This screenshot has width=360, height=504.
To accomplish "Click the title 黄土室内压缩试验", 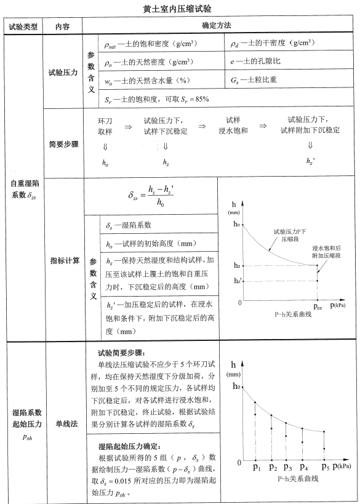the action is click(x=179, y=9).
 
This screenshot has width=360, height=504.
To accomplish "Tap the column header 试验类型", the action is click(x=23, y=26).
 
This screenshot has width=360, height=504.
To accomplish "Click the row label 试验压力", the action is click(x=63, y=72).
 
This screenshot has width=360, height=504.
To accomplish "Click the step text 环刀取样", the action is click(x=105, y=126).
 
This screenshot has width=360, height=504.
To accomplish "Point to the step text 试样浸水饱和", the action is click(x=233, y=126).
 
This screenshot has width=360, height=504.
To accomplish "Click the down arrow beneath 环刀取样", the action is click(x=105, y=146).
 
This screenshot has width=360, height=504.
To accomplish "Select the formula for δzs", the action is click(x=151, y=197).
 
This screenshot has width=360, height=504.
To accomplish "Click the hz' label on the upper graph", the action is click(x=236, y=281).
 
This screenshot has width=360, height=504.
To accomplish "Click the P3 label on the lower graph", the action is click(x=287, y=468).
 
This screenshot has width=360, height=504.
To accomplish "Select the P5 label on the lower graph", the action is click(x=326, y=468).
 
